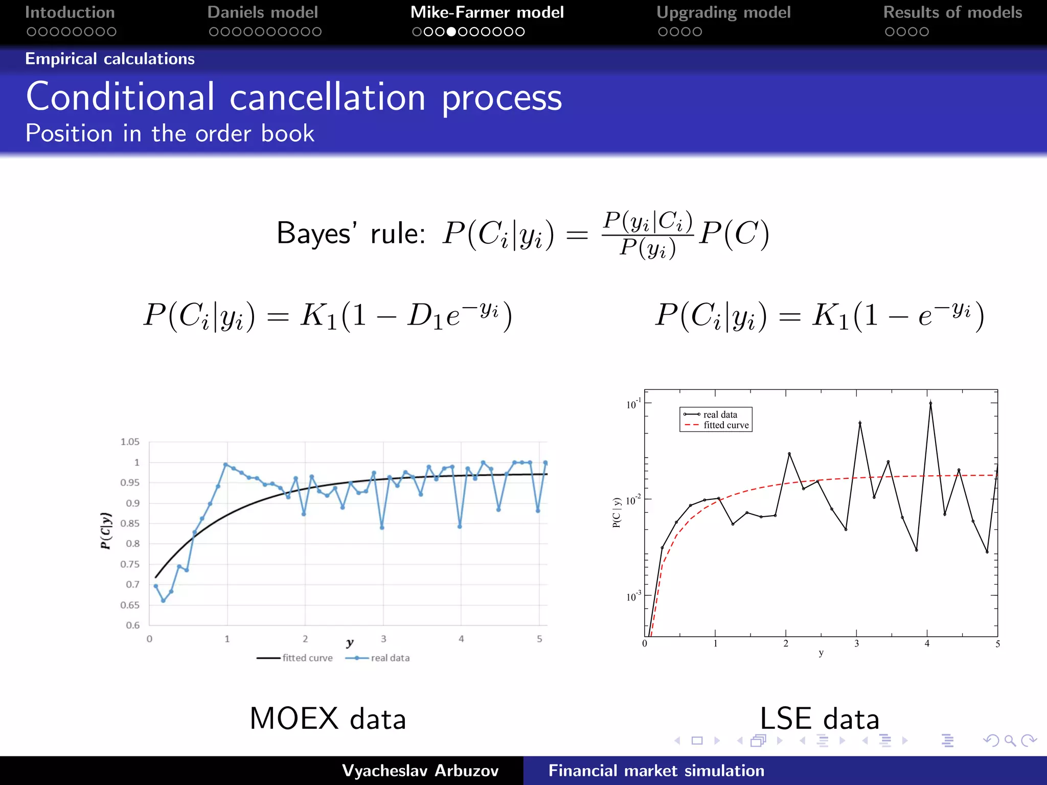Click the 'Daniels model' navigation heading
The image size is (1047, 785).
(x=263, y=12)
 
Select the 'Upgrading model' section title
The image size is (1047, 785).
(x=723, y=12)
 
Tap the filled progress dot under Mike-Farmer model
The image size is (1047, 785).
(x=451, y=32)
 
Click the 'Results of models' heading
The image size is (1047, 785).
(x=952, y=12)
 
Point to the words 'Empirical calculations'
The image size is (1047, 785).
(x=110, y=59)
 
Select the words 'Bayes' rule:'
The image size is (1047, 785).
(x=351, y=234)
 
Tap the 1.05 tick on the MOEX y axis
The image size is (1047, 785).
(x=130, y=442)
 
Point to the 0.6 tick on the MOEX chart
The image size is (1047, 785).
(x=133, y=625)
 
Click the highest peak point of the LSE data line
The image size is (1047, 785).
(x=930, y=403)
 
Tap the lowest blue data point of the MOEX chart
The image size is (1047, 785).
(x=163, y=601)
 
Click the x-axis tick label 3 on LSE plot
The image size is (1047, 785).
(x=857, y=644)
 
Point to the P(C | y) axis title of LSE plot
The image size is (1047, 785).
(x=617, y=513)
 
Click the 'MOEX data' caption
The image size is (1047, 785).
(x=327, y=718)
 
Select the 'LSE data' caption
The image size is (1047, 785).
(x=819, y=718)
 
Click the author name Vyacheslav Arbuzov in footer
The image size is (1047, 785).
(x=420, y=770)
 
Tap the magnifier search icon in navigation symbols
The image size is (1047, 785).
(x=1010, y=741)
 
